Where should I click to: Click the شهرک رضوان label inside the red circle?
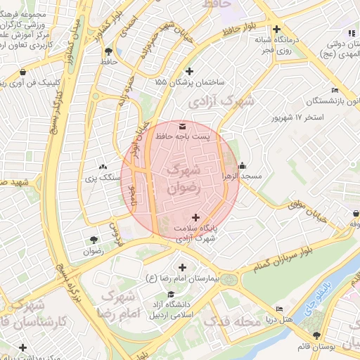pos(184,179)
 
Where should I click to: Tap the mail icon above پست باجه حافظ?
pos(183,125)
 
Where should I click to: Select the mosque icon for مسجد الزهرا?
pos(243,167)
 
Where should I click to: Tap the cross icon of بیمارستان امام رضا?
pos(183,267)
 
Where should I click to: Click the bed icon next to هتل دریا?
pos(280,309)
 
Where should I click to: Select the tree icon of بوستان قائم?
pos(316,335)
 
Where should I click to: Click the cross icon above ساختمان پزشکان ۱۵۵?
pos(189,71)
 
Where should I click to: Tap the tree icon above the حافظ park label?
pos(108,51)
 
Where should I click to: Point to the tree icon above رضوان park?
pos(94,239)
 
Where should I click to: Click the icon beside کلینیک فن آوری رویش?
pos(23,72)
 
